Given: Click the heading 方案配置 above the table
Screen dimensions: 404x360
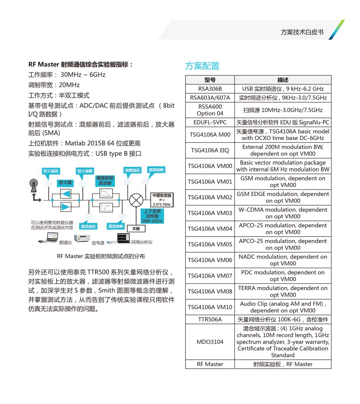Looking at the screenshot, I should click(x=202, y=66).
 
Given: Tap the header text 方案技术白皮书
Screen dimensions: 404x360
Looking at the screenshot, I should click(x=302, y=32).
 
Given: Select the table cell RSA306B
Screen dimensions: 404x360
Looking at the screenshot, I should click(x=210, y=89).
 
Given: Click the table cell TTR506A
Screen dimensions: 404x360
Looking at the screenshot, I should click(x=210, y=319).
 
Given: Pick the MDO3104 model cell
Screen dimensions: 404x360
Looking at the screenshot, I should click(x=210, y=342).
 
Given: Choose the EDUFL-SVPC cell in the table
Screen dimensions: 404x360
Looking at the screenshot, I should click(x=210, y=122).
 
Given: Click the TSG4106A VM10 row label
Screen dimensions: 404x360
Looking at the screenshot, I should click(x=210, y=307).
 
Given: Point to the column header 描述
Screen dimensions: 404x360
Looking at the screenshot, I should click(x=283, y=80).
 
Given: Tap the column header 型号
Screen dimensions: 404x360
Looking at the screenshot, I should click(x=210, y=80).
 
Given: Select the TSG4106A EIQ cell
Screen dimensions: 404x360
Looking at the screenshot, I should click(x=210, y=150).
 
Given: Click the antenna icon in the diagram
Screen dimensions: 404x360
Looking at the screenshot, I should click(x=34, y=186).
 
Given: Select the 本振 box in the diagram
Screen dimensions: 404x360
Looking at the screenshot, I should click(x=136, y=229).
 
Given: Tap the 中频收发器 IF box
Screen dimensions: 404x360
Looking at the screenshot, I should click(x=162, y=200).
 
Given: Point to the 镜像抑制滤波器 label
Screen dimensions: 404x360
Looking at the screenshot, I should click(x=105, y=180).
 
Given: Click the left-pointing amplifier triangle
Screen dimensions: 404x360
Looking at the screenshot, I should click(x=66, y=194).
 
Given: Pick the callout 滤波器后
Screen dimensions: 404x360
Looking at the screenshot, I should click(x=88, y=226).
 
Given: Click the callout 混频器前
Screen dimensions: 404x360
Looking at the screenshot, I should click(x=156, y=170).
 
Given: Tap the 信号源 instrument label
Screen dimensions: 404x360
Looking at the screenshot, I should click(x=98, y=243).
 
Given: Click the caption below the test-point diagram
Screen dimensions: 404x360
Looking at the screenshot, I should click(x=101, y=256).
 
